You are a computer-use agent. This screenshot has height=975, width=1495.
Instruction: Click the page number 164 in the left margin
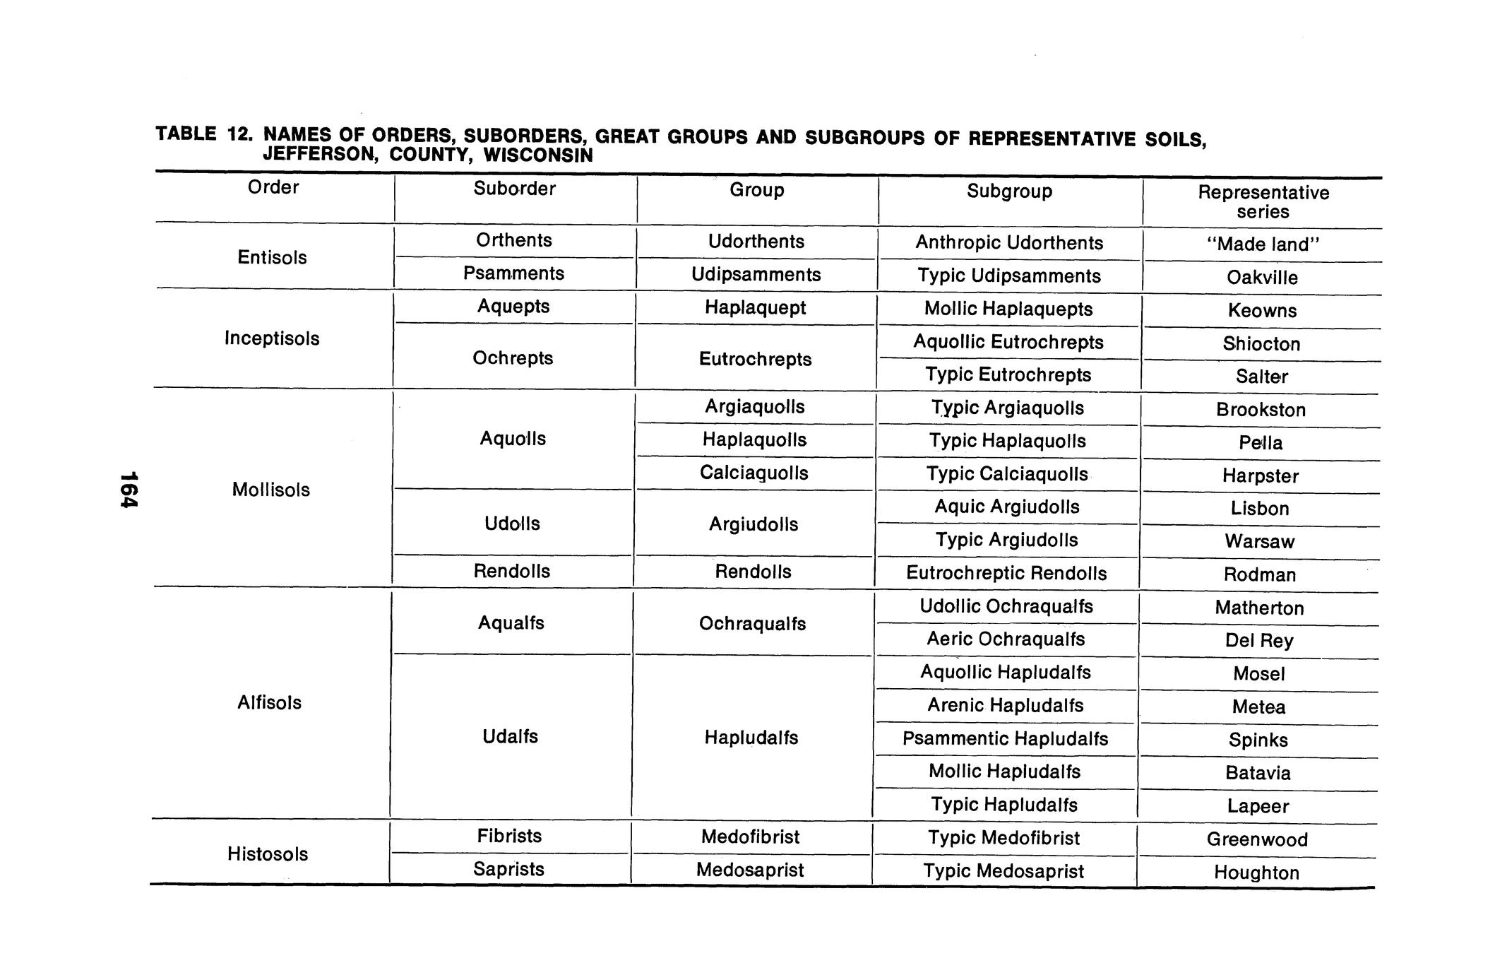click(129, 490)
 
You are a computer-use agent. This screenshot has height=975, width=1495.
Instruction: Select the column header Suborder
click(514, 189)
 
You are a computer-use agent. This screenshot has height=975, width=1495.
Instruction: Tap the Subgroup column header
click(1009, 191)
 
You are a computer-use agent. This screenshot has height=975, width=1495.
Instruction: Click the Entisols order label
click(272, 257)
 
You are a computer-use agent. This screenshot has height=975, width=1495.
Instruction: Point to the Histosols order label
click(268, 854)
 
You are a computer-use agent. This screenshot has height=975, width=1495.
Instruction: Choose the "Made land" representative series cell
click(1262, 244)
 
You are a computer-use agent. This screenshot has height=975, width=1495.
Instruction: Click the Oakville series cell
click(1262, 278)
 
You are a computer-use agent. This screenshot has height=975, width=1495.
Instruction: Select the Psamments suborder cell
click(513, 273)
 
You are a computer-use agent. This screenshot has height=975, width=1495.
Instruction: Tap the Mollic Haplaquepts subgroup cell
click(1008, 309)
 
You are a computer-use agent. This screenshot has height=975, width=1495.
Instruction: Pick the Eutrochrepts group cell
click(755, 359)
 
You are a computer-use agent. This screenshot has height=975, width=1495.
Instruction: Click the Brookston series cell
click(1261, 410)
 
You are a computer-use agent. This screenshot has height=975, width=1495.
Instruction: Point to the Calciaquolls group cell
click(754, 473)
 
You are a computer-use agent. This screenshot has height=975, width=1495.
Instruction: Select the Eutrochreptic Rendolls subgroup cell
click(1006, 573)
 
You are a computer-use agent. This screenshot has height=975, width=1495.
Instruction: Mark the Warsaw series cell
click(1259, 542)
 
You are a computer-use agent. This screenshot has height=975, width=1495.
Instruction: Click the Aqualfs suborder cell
click(511, 623)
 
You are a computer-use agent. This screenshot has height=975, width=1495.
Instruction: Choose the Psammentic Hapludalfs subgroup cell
click(1005, 739)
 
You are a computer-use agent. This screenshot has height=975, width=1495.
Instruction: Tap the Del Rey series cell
click(1259, 641)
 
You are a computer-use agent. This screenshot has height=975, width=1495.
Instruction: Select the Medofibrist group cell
click(750, 837)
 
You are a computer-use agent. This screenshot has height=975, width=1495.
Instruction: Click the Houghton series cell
click(1256, 873)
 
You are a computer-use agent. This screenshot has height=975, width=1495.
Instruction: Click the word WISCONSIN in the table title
click(538, 155)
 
